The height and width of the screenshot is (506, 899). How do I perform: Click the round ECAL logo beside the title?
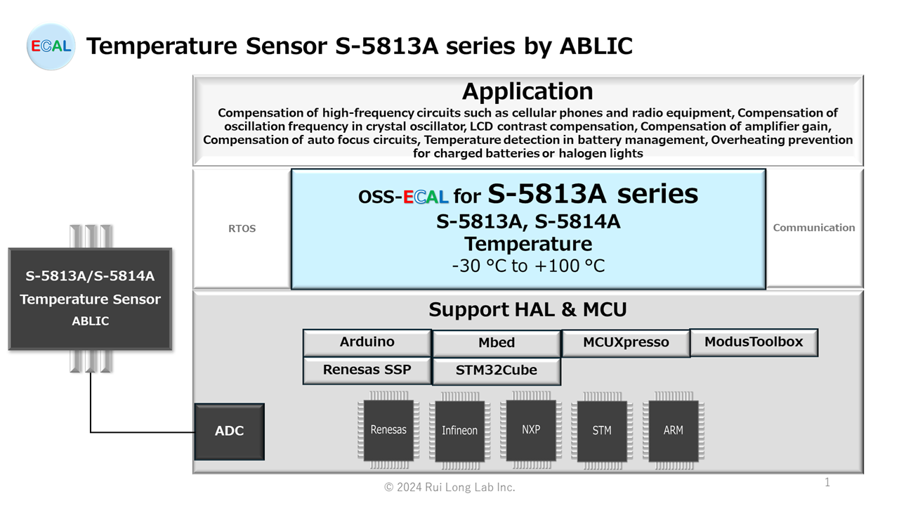(51, 46)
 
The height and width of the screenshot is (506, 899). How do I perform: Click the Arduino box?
(367, 342)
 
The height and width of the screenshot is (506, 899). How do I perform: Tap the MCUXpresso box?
(626, 343)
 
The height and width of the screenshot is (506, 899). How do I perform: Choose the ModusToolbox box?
(754, 342)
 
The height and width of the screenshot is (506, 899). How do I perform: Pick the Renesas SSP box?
(367, 370)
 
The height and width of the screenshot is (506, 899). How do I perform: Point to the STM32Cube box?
(497, 371)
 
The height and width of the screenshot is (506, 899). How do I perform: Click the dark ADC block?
(229, 432)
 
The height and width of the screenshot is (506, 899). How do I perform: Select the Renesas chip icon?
(388, 430)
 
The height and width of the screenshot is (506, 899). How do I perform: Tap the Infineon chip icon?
(459, 431)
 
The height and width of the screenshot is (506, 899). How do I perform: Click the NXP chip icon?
(531, 430)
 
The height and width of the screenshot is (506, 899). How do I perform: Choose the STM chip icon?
(602, 431)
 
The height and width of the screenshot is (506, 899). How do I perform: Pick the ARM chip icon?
(673, 431)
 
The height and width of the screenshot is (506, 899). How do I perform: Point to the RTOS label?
(242, 228)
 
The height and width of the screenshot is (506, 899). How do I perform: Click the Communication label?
(814, 228)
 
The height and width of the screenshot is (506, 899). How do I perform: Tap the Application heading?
(527, 91)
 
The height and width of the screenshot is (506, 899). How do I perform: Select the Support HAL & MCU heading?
(527, 310)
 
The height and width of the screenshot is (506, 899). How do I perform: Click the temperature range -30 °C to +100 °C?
(528, 266)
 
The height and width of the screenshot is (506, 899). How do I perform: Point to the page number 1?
(827, 482)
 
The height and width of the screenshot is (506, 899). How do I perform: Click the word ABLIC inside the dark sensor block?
(91, 321)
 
